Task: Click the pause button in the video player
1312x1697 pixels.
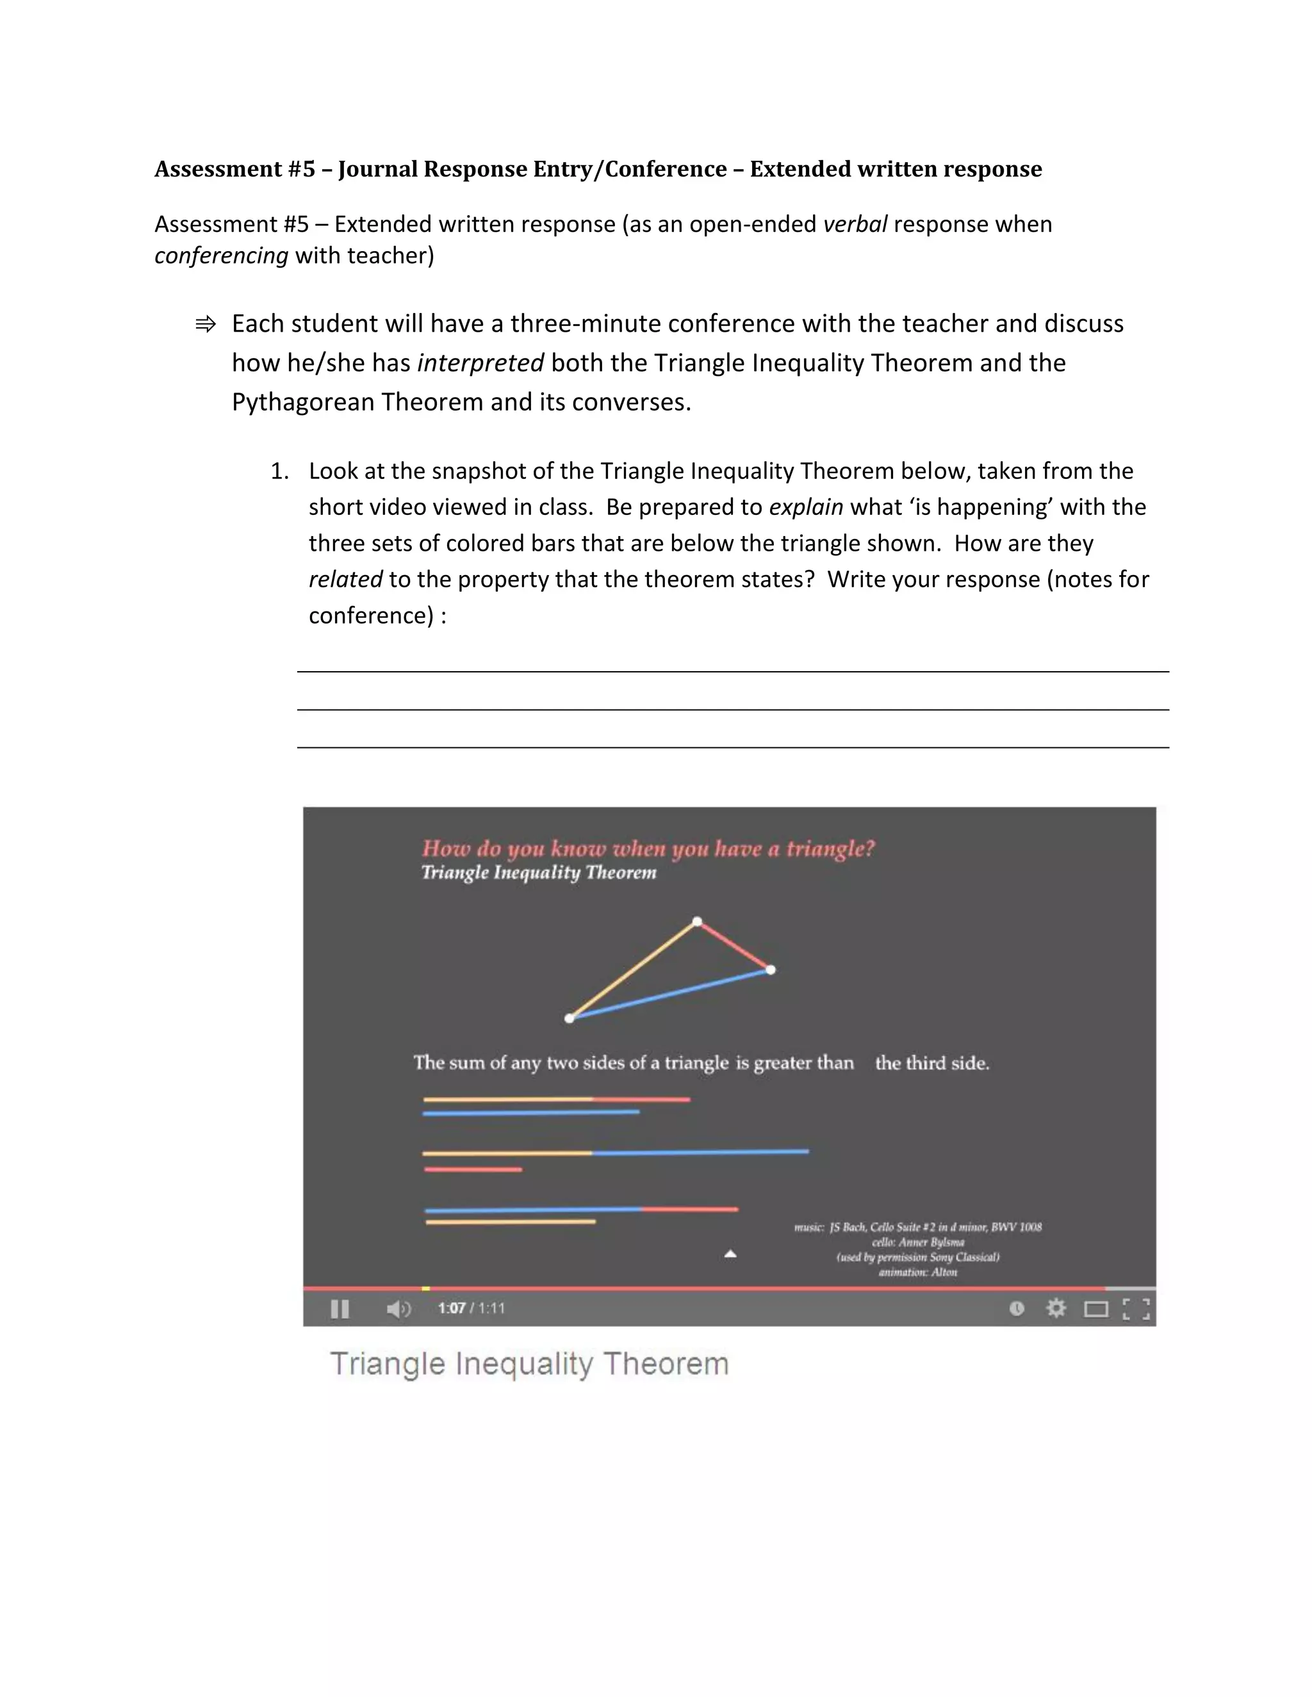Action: pyautogui.click(x=340, y=1310)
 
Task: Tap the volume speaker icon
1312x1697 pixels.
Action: pyautogui.click(x=398, y=1310)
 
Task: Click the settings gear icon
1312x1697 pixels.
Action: pyautogui.click(x=1056, y=1308)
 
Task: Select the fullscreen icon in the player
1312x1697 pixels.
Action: pyautogui.click(x=1136, y=1310)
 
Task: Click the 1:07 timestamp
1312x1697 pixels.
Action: pyautogui.click(x=451, y=1308)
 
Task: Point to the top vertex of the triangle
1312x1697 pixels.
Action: pyautogui.click(x=697, y=922)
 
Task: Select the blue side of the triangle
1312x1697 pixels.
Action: pyautogui.click(x=670, y=994)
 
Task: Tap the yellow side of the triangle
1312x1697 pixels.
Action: pyautogui.click(x=634, y=970)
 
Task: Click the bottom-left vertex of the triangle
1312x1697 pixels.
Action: pyautogui.click(x=570, y=1018)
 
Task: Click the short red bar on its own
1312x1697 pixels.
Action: pyautogui.click(x=473, y=1169)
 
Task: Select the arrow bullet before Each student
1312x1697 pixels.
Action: pyautogui.click(x=205, y=324)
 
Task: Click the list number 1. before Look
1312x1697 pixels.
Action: pyautogui.click(x=279, y=472)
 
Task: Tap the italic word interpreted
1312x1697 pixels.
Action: pyautogui.click(x=480, y=363)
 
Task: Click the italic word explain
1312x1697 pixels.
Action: pyautogui.click(x=805, y=507)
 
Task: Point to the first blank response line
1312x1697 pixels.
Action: pyautogui.click(x=732, y=670)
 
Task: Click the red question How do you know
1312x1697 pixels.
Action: pyautogui.click(x=648, y=848)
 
